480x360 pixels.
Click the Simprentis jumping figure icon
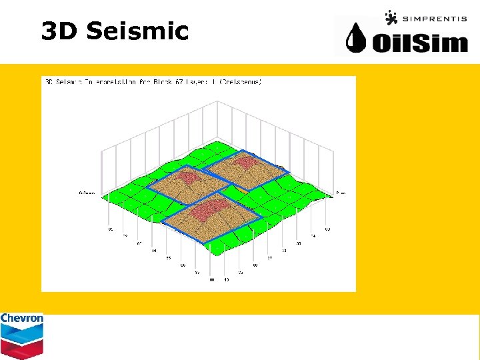391,17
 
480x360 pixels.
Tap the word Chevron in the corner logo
21,319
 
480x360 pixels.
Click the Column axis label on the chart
87,193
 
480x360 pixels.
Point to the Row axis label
340,193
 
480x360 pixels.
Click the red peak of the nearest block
212,205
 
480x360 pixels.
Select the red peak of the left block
191,177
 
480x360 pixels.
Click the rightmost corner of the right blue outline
289,173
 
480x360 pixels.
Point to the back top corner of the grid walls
217,101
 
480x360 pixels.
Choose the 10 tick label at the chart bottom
227,280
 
